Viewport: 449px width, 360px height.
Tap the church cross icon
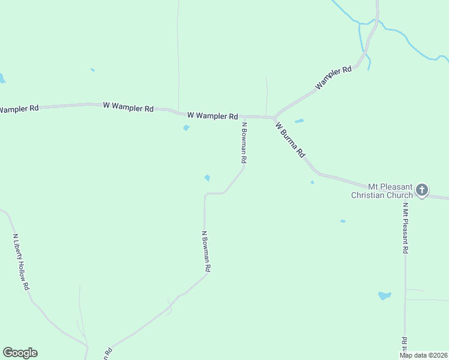[422, 190]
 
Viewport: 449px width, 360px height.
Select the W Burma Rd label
[291, 139]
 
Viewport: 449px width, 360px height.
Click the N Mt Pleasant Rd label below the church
[406, 228]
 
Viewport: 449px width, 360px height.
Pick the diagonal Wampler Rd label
[334, 79]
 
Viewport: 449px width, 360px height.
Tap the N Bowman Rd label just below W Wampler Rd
[244, 143]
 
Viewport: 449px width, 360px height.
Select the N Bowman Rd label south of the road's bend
[206, 252]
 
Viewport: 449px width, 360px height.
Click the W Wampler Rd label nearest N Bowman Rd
[212, 115]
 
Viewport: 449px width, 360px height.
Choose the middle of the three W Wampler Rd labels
[128, 107]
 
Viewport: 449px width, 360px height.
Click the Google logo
[20, 353]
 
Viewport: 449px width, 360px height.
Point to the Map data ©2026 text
[424, 355]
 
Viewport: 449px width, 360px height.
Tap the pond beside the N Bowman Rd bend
[207, 178]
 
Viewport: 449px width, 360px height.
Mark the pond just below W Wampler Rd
[186, 128]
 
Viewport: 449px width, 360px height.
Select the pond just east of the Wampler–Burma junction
[299, 121]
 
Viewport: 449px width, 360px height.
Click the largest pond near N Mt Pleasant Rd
[384, 295]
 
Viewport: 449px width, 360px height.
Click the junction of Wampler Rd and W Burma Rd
[274, 117]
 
